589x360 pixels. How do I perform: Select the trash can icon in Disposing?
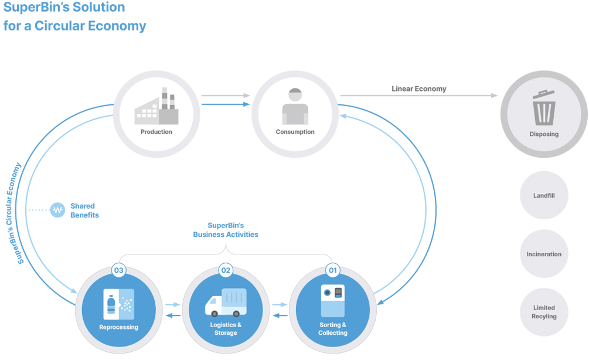[544, 109]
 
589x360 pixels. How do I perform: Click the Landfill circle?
[544, 195]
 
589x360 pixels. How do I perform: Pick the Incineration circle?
[544, 254]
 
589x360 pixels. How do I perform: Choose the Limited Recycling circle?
[544, 312]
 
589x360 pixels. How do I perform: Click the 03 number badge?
[119, 271]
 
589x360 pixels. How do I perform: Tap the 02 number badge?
[226, 271]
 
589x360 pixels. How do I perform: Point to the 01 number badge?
[333, 271]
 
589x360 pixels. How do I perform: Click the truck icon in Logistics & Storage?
[226, 302]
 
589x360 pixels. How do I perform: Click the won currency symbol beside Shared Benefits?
[57, 210]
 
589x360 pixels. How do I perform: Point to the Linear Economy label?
[419, 89]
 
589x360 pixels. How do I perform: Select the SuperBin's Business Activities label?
[226, 230]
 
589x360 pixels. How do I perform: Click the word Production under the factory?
[156, 132]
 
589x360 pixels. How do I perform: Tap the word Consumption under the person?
[295, 132]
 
